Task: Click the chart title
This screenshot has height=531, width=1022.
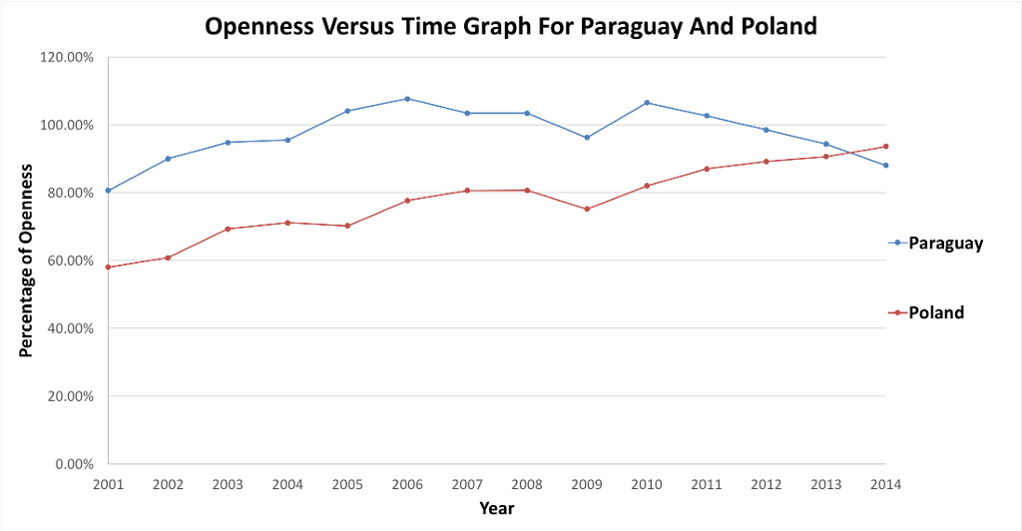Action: [510, 26]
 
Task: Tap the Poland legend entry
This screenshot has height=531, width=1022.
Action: [936, 312]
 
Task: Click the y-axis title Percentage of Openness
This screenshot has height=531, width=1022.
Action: [27, 260]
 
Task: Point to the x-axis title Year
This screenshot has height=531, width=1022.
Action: [496, 508]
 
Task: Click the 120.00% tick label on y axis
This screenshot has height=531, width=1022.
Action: [67, 57]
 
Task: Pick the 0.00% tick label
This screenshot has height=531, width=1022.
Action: [74, 463]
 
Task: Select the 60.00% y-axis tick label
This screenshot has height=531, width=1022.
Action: [70, 261]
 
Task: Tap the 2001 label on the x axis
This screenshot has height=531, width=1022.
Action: [108, 484]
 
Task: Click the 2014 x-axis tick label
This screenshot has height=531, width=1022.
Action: [885, 484]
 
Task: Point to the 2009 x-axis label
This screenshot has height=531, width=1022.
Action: [587, 484]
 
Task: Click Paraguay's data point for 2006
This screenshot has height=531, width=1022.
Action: [407, 99]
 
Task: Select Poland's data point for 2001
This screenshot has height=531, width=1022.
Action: [108, 267]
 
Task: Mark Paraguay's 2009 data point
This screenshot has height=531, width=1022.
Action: [587, 138]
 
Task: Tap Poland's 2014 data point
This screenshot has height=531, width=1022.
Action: [885, 147]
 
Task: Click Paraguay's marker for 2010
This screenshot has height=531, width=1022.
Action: [647, 103]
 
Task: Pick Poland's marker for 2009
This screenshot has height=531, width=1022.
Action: [587, 209]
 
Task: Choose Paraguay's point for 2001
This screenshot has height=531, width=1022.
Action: [108, 191]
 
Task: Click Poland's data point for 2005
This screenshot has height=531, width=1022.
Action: [347, 226]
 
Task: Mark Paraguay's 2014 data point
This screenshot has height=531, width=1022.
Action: [885, 166]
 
